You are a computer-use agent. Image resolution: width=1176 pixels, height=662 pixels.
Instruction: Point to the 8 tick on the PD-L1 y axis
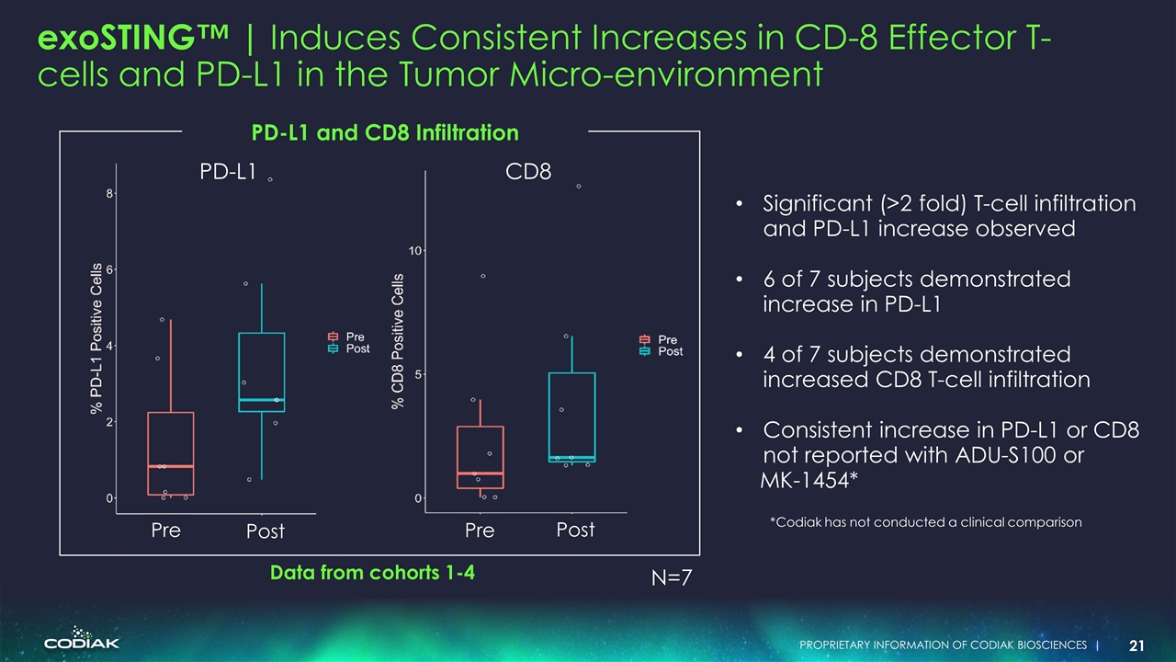(109, 193)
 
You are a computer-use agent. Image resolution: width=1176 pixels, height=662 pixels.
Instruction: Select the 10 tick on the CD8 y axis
(415, 250)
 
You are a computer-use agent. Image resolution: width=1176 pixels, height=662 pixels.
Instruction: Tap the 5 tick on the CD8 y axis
(418, 374)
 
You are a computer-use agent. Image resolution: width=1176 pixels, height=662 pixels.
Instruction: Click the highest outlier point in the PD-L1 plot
(270, 179)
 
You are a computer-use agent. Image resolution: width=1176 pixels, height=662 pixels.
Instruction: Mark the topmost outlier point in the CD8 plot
(579, 186)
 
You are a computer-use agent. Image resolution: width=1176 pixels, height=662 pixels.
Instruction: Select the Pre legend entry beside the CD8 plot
(659, 340)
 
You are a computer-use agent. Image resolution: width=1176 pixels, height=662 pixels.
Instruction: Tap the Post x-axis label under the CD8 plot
(576, 530)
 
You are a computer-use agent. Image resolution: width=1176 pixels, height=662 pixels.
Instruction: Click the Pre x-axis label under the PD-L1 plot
(166, 531)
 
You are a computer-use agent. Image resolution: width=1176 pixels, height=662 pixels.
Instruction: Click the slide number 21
(1136, 645)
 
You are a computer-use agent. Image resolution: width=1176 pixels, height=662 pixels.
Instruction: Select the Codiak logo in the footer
(81, 641)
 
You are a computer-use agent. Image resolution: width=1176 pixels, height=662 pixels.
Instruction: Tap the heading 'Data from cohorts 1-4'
(372, 573)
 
